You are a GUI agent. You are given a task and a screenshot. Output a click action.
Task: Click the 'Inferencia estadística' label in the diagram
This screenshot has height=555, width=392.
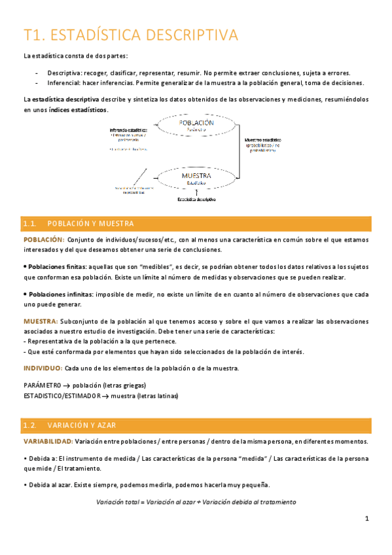coord(128,130)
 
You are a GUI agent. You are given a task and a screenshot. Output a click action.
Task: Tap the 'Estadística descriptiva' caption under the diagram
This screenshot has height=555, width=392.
coord(196,200)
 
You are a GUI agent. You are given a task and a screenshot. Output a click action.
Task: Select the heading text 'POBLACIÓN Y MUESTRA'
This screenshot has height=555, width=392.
coord(92,224)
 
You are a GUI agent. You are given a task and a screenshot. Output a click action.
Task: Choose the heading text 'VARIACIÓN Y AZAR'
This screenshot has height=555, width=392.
coord(82,425)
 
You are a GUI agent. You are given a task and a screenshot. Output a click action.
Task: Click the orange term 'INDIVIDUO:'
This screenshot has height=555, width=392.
coord(43,368)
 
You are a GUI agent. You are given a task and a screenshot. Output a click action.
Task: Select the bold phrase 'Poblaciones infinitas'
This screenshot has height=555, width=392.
coord(59,295)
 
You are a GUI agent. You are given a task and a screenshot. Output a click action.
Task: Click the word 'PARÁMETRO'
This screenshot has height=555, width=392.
coord(43,385)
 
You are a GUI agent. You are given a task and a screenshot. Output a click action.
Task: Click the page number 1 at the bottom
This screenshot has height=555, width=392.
coord(367,519)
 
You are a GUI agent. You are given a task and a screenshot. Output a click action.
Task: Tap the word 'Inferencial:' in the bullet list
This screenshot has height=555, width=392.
coord(64,83)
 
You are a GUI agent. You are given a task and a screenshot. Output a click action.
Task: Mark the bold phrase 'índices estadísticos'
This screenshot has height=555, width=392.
coord(77,109)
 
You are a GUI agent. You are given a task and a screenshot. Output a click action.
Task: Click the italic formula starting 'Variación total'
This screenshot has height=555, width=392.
coord(196,502)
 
